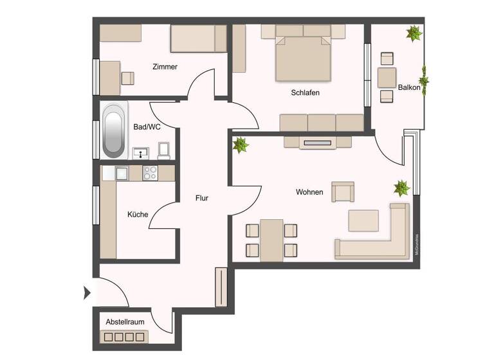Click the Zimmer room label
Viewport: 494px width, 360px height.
coord(165,67)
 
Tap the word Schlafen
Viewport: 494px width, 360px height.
coord(305,93)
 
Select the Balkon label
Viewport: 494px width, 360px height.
coord(409,87)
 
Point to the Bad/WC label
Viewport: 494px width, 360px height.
coord(147,127)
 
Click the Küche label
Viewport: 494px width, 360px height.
coord(138,214)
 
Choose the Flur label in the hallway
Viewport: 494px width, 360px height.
coord(202,198)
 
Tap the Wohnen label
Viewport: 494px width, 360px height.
coord(309,192)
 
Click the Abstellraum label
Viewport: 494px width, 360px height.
coord(125,322)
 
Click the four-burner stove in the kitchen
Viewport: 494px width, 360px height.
coord(151,173)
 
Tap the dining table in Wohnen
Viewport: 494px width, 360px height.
coord(271,240)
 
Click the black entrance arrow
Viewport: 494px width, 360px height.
coord(87,294)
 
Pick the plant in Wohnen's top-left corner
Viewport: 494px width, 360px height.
coord(241,145)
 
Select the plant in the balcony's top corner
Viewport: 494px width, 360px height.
coord(414,33)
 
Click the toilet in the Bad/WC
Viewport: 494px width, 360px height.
coord(163,151)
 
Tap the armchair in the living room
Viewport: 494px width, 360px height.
coord(342,192)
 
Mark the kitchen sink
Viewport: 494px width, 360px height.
coord(122,173)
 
